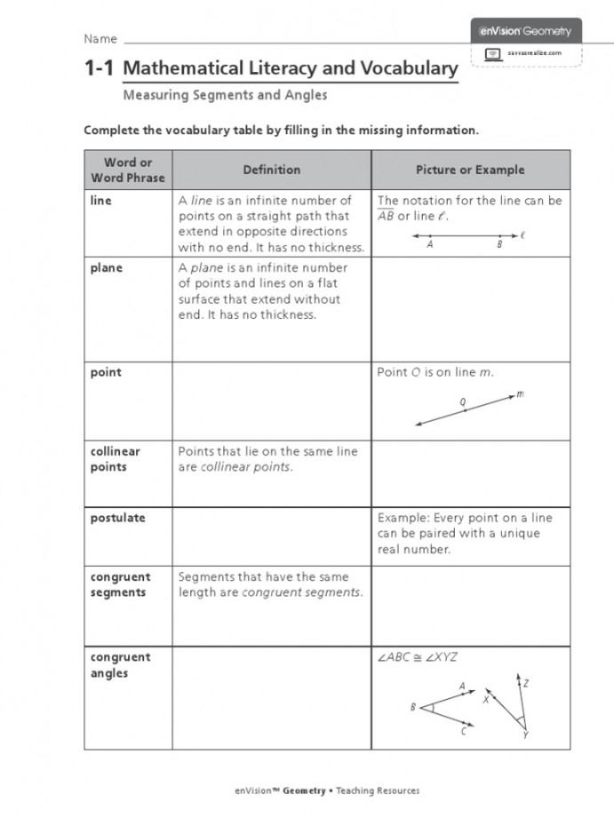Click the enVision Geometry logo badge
click(x=526, y=32)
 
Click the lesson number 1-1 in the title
click(x=100, y=68)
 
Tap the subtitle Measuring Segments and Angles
click(x=225, y=95)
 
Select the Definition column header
click(x=272, y=170)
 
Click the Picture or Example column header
click(x=470, y=170)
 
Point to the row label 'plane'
click(x=107, y=268)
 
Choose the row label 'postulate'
click(x=117, y=518)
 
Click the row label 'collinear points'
click(x=116, y=459)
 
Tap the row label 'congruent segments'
click(x=120, y=584)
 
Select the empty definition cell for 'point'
click(x=272, y=401)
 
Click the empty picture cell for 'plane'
click(x=470, y=309)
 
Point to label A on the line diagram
click(x=430, y=246)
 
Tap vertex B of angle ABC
click(x=414, y=707)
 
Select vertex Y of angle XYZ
click(x=525, y=735)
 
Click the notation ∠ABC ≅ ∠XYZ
click(x=418, y=657)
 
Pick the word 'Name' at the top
click(x=100, y=39)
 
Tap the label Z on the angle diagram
click(x=526, y=684)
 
